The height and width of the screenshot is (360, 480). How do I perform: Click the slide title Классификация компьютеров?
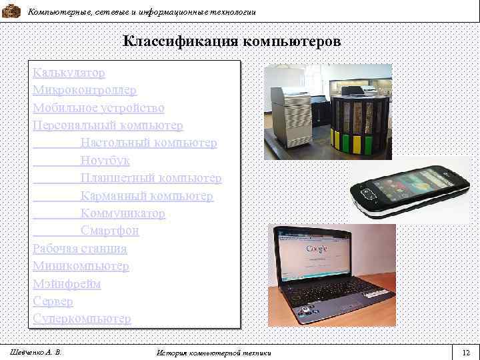pyautogui.click(x=231, y=41)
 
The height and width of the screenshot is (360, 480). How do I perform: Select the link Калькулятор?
pyautogui.click(x=69, y=72)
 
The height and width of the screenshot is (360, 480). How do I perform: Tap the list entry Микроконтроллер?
pyautogui.click(x=84, y=90)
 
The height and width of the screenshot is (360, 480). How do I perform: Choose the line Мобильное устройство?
pyautogui.click(x=98, y=107)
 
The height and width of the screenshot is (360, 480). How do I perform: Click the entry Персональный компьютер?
pyautogui.click(x=107, y=125)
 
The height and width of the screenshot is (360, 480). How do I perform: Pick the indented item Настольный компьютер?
pyautogui.click(x=148, y=143)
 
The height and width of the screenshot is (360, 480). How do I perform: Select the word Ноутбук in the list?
pyautogui.click(x=105, y=161)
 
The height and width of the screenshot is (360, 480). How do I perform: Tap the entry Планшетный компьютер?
pyautogui.click(x=151, y=178)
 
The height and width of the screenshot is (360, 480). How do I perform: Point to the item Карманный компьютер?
pyautogui.click(x=147, y=196)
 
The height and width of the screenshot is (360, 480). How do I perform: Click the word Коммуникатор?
pyautogui.click(x=123, y=213)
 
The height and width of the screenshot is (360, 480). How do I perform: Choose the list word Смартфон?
pyautogui.click(x=109, y=231)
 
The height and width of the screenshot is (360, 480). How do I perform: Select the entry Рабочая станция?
pyautogui.click(x=79, y=249)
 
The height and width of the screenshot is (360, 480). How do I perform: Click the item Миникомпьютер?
pyautogui.click(x=81, y=266)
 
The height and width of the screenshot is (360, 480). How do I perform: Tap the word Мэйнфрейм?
pyautogui.click(x=67, y=284)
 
